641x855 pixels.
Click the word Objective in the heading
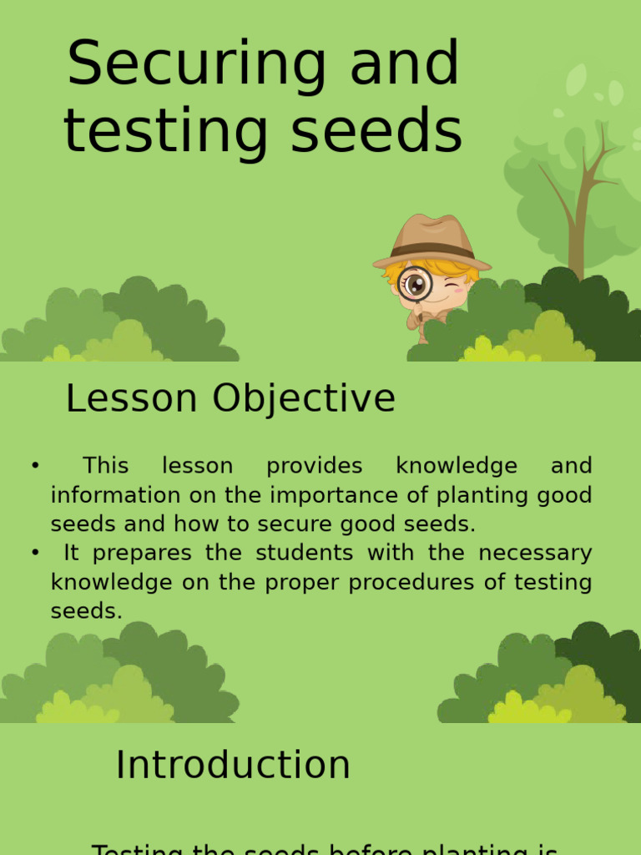pyautogui.click(x=304, y=399)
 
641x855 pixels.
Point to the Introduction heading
pyautogui.click(x=233, y=765)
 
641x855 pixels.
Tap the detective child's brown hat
pyautogui.click(x=432, y=241)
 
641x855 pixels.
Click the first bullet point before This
pyautogui.click(x=35, y=466)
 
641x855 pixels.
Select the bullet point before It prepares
pyautogui.click(x=35, y=553)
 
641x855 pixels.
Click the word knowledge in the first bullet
pyautogui.click(x=457, y=466)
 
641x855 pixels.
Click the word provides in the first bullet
pyautogui.click(x=315, y=466)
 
